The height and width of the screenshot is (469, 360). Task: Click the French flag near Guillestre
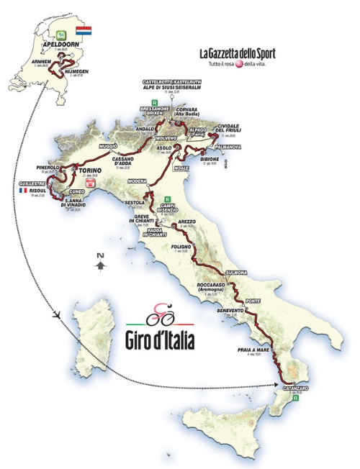(23, 191)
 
